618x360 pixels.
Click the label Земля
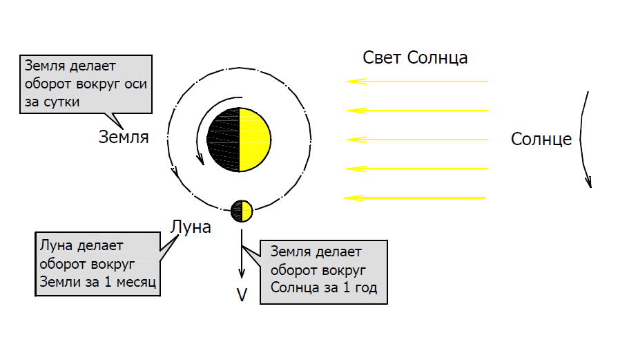[124, 137]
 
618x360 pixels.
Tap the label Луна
[191, 227]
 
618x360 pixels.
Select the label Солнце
[541, 139]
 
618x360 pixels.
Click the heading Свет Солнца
[415, 57]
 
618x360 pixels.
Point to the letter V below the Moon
[242, 295]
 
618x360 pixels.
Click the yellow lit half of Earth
[255, 140]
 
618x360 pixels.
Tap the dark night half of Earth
[223, 140]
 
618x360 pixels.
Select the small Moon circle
[242, 211]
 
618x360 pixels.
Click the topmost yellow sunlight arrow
[417, 82]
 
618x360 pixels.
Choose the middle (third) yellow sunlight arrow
[417, 140]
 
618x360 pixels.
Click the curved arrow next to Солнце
[584, 138]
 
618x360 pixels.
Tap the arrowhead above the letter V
[242, 272]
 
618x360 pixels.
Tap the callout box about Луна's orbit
[97, 264]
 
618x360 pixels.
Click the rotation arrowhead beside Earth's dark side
[201, 160]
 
